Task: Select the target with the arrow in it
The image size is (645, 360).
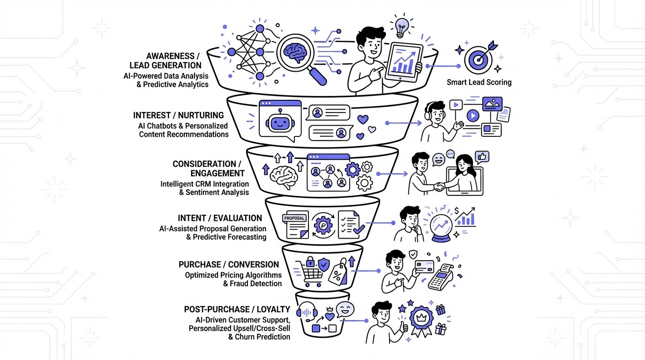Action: click(478, 59)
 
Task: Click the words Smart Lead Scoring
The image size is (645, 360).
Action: click(479, 82)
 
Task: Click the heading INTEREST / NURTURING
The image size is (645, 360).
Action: click(178, 115)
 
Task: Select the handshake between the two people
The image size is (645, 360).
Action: click(440, 187)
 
